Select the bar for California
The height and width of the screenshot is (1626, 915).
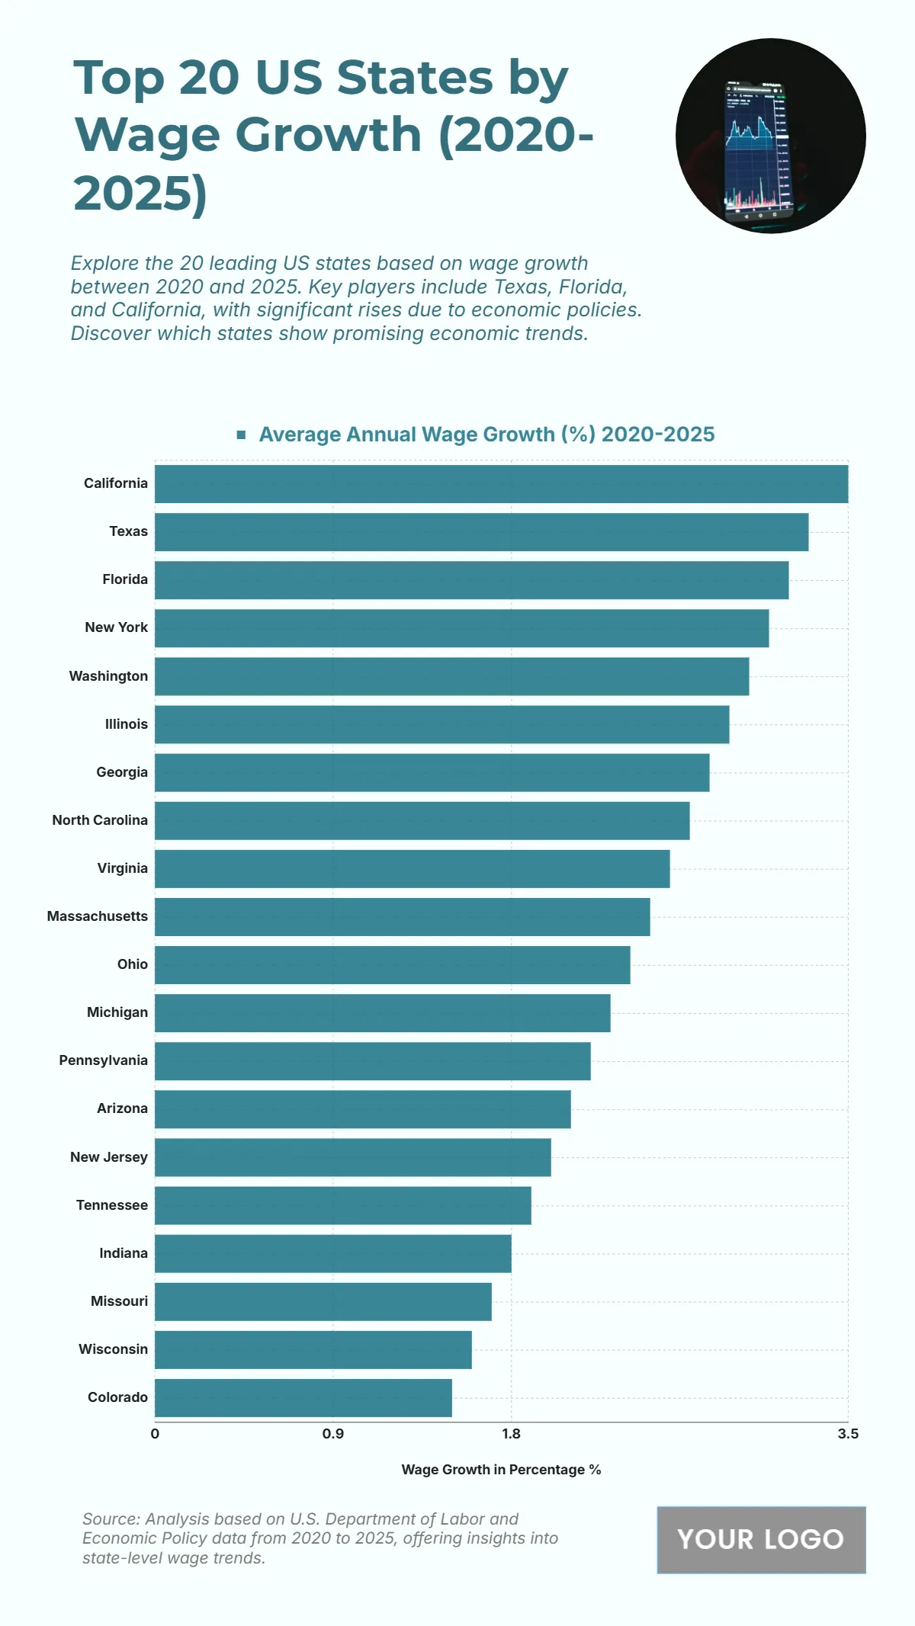tap(501, 484)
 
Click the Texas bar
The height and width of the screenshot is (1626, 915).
tap(481, 532)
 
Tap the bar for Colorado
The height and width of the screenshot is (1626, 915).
tap(303, 1398)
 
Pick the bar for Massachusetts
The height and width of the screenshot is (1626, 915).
tap(402, 917)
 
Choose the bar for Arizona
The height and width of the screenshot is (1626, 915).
tap(362, 1109)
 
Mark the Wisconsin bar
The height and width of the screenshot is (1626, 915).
tap(313, 1350)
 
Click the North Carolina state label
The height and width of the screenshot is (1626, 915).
tap(100, 820)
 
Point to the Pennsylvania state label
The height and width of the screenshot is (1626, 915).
tap(103, 1060)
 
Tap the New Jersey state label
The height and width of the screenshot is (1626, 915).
tap(109, 1157)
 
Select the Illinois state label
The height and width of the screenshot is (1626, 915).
tap(127, 724)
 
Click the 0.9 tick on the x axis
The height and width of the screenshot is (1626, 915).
tap(333, 1434)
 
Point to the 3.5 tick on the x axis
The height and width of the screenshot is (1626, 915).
tap(847, 1434)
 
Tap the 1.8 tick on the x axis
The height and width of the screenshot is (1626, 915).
tap(511, 1434)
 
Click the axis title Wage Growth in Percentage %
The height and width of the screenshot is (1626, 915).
tap(501, 1470)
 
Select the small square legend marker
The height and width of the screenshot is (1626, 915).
tap(241, 435)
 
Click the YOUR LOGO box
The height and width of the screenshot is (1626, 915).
tap(761, 1539)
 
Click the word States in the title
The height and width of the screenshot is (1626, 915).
tap(415, 78)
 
